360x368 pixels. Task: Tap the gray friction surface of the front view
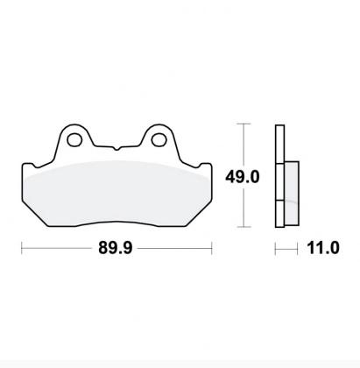tap(118, 193)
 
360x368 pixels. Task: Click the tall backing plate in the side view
tap(279, 175)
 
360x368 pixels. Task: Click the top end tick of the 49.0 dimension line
tap(243, 125)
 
